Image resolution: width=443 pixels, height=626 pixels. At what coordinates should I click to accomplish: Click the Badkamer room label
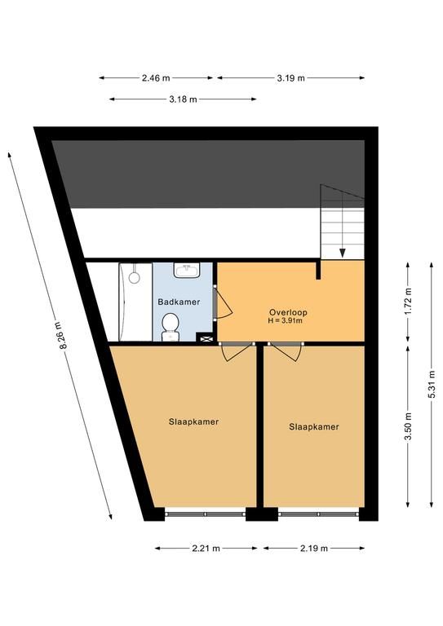coord(179,302)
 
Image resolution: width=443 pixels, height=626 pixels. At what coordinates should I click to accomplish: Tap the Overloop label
coord(288,313)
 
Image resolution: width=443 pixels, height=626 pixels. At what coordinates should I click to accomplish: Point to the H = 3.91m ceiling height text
coord(286,320)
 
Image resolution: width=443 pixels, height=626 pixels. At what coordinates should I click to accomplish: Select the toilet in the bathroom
coord(171,328)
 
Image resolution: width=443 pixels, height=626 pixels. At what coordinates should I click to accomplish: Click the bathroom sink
coord(187,270)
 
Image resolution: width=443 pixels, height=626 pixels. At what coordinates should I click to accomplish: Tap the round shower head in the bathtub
coord(135,276)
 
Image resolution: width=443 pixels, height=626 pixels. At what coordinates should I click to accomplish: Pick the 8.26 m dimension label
coord(63,335)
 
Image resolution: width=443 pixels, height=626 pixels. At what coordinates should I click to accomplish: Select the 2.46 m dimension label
coord(156,78)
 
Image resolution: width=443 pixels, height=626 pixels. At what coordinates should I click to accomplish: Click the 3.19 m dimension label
coord(290,78)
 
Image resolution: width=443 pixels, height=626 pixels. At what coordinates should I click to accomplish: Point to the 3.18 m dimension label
coord(183,99)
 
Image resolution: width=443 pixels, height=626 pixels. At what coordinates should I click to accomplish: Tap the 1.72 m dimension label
coord(408,301)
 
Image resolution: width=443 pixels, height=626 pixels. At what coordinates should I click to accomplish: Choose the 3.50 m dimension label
coord(408,426)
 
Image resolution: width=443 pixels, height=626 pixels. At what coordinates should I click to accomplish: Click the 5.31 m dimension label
coord(432,385)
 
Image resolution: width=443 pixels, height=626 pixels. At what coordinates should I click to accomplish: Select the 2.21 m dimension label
coord(206,549)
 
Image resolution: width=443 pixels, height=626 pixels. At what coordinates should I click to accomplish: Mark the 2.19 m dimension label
coord(314,549)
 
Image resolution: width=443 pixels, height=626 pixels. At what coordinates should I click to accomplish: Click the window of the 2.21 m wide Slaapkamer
coord(206,514)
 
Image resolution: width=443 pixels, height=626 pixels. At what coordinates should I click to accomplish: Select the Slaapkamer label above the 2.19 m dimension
coord(314,427)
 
